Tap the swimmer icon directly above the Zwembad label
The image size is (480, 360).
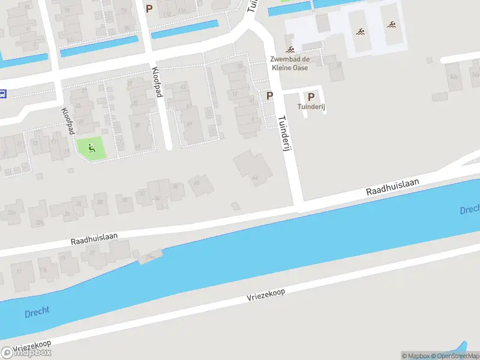coord(290,49)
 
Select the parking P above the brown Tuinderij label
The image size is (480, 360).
coord(311,97)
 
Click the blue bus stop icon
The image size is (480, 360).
coord(3,94)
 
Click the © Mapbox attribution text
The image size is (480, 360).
coord(413,356)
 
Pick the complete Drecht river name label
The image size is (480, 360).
coord(37,312)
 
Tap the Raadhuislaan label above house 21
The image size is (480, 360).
coord(94,239)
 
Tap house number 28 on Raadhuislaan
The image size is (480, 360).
coord(100,202)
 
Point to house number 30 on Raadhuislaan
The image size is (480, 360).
coord(124,203)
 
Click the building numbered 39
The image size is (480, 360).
coord(122,125)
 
